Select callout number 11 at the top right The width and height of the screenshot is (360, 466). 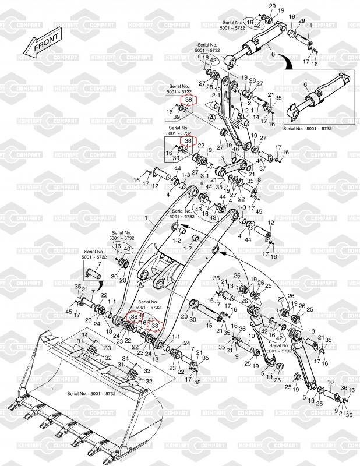309,25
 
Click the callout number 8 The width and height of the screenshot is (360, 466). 259,181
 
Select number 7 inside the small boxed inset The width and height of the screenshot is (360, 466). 98,264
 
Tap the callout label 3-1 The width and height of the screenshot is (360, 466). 205,174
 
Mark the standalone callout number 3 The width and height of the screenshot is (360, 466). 221,158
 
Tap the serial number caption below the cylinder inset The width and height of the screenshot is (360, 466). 306,128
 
